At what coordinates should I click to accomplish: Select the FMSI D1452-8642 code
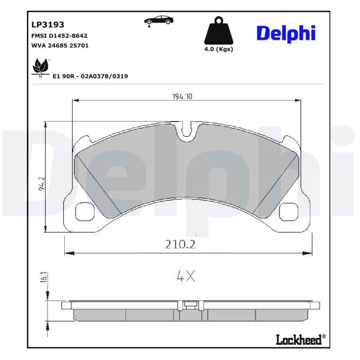coord(59,36)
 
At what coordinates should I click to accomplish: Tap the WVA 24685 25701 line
coord(59,46)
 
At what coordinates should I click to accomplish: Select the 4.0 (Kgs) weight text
coord(219,49)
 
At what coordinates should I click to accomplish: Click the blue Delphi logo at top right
coord(286,33)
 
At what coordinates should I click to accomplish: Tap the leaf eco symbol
coord(40,67)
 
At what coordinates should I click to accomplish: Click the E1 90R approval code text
coord(90,76)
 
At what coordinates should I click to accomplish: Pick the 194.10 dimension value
coord(183,96)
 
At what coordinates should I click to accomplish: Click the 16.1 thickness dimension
coord(44,276)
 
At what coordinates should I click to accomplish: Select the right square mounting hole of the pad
coord(288,211)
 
